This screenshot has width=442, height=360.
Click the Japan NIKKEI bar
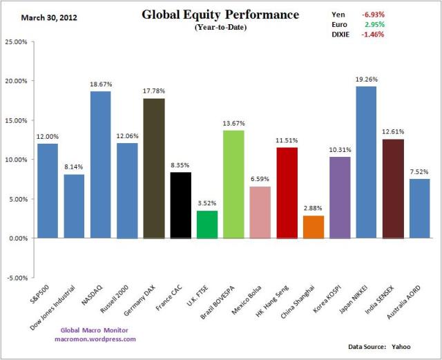click(366, 162)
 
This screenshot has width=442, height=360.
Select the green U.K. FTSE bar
click(206, 225)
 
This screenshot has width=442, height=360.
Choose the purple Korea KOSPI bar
click(340, 198)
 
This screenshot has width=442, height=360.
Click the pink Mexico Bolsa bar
click(260, 212)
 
